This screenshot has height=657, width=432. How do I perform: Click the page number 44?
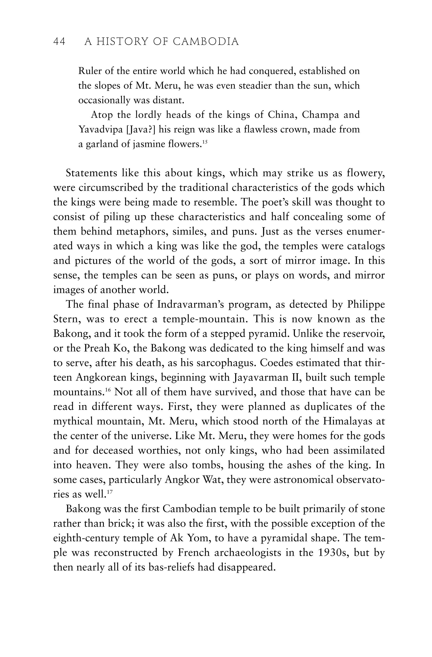click(59, 42)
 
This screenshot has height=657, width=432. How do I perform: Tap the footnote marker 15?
click(205, 142)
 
